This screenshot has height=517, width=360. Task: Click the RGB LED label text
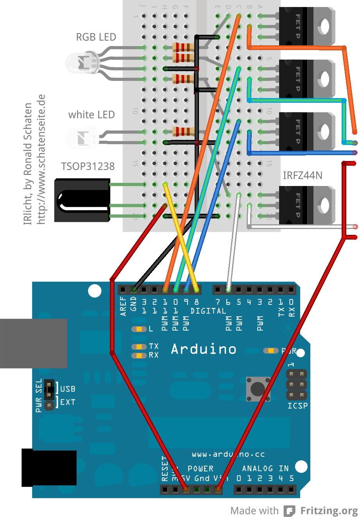pyautogui.click(x=96, y=37)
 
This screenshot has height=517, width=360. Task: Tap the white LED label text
pyautogui.click(x=91, y=115)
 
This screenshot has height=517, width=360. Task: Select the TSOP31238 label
pyautogui.click(x=88, y=166)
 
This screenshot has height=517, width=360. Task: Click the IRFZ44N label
pyautogui.click(x=303, y=175)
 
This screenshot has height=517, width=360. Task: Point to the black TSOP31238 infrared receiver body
pyautogui.click(x=81, y=200)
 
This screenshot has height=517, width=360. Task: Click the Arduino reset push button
pyautogui.click(x=258, y=388)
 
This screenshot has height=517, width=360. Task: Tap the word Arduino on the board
pyautogui.click(x=204, y=349)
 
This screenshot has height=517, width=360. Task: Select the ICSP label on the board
pyautogui.click(x=297, y=406)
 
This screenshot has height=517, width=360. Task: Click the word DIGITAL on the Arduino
pyautogui.click(x=208, y=311)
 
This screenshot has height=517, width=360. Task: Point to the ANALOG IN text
pyautogui.click(x=265, y=469)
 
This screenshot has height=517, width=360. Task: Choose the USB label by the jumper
pyautogui.click(x=68, y=389)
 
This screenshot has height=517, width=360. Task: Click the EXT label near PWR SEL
pyautogui.click(x=68, y=402)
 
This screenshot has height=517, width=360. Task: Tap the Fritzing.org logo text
pyautogui.click(x=329, y=511)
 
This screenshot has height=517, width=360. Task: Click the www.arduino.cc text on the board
pyautogui.click(x=228, y=454)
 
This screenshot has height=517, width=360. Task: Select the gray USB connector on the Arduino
pyautogui.click(x=33, y=343)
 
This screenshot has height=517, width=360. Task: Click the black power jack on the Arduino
pyautogui.click(x=49, y=468)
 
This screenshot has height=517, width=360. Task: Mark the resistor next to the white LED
pyautogui.click(x=183, y=131)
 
